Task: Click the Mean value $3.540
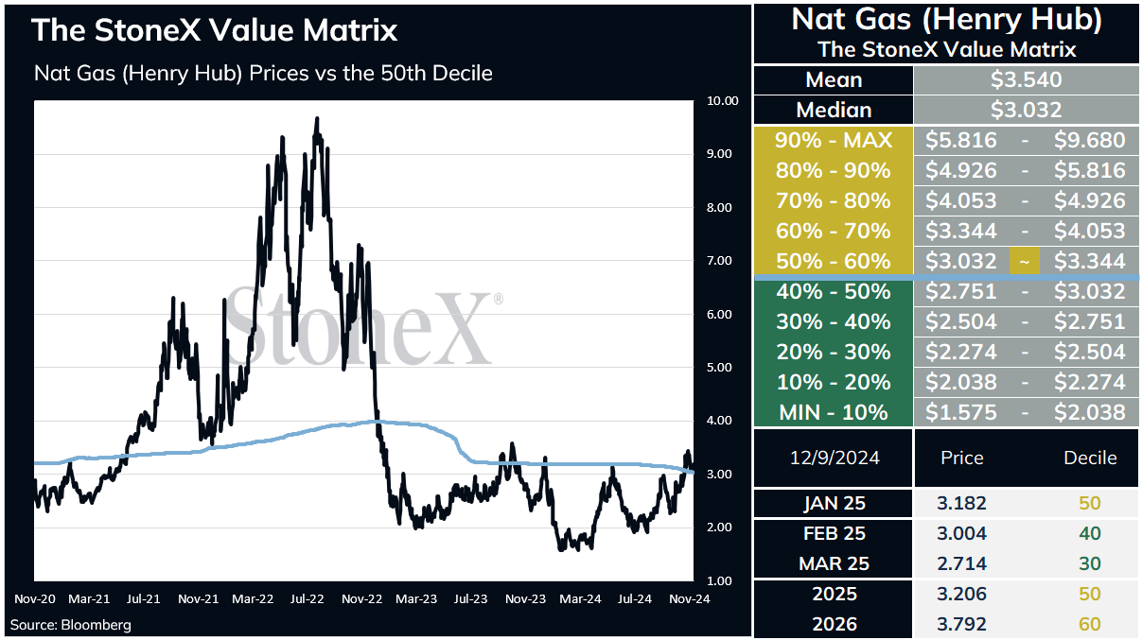pos(1026,80)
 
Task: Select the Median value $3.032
pos(1026,110)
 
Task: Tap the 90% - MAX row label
pos(834,140)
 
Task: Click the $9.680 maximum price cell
pos(1089,140)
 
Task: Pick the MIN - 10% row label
pos(834,412)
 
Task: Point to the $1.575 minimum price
pos(961,412)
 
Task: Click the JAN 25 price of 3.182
pos(961,504)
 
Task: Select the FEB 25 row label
pos(835,533)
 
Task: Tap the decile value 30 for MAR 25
pos(1090,563)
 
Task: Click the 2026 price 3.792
pos(961,624)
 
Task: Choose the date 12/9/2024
pos(835,458)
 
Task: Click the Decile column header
pos(1090,458)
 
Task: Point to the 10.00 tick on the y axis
pos(723,101)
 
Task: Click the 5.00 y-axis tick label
pos(719,368)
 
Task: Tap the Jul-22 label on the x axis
pos(307,599)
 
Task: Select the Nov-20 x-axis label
pos(35,599)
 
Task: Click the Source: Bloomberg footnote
pos(70,625)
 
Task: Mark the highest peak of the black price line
pos(317,119)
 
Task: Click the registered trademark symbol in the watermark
pos(498,298)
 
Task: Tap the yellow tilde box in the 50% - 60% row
pos(1025,262)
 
